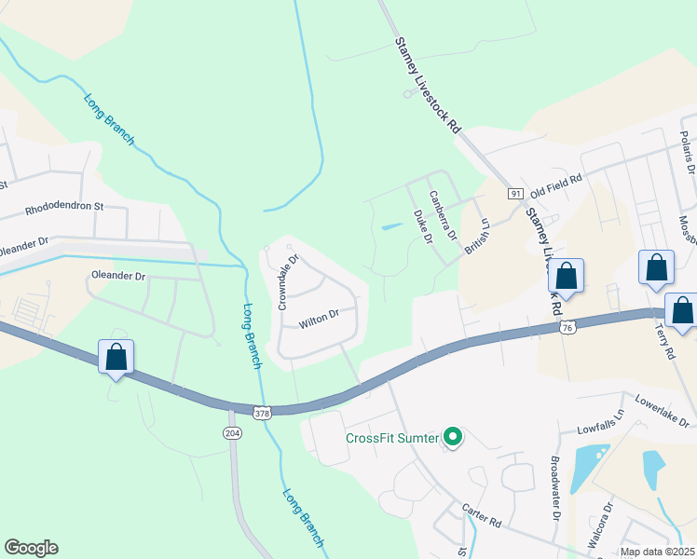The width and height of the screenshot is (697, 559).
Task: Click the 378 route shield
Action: coord(266,410)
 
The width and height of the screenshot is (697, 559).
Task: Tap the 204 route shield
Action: coord(231,432)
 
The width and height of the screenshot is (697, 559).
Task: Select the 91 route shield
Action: coord(514,193)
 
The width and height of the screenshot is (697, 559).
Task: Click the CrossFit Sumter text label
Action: coord(392,438)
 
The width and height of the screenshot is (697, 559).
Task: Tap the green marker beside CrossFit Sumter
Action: coord(453,437)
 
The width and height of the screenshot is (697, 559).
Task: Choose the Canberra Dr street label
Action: coord(442,215)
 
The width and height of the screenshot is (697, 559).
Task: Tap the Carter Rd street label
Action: coord(481,512)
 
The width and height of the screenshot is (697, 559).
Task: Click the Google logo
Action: coord(31,548)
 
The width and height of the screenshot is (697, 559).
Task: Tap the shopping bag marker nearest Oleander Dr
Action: coord(116,357)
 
